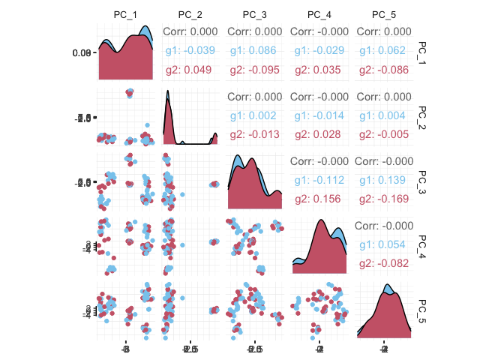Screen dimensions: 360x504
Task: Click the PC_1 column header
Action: pos(126,15)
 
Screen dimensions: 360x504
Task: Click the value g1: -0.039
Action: pos(190,51)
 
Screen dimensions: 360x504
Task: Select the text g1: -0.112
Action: pos(319,180)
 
